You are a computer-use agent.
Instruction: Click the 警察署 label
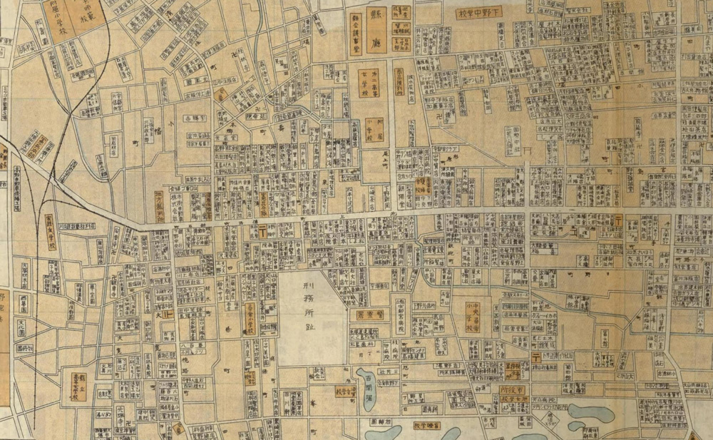[371, 314]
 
